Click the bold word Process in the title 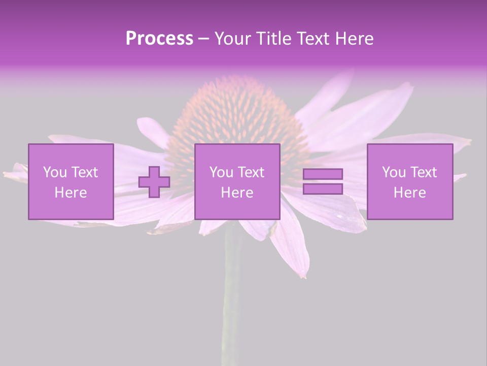[159, 39]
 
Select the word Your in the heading [233, 39]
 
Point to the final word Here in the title [354, 39]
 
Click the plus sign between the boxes [154, 182]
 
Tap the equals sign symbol [323, 181]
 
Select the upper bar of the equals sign [323, 174]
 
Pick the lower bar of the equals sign [323, 189]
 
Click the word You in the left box [55, 172]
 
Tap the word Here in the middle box [237, 193]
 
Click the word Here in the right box [409, 193]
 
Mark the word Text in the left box [85, 172]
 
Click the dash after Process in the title [204, 39]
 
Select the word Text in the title [314, 39]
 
